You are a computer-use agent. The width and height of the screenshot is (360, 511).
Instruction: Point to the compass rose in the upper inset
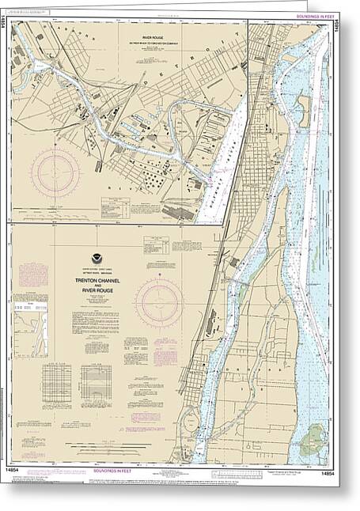(x=55, y=172)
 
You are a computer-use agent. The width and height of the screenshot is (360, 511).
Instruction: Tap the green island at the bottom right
(x=316, y=434)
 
